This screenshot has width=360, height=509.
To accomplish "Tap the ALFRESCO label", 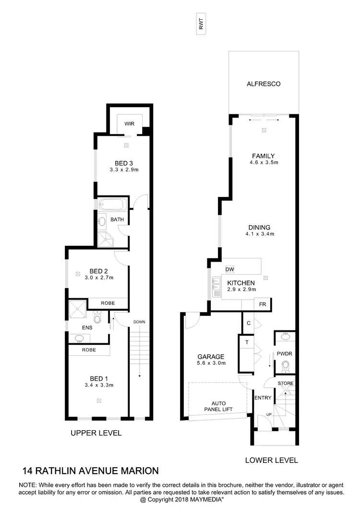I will [x=263, y=84].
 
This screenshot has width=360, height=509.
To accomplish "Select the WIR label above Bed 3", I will [x=129, y=124].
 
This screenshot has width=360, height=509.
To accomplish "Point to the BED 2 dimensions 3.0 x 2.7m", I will [x=97, y=278].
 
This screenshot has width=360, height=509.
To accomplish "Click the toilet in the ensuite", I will [x=98, y=318].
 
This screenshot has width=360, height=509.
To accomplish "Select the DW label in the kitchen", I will [x=229, y=269].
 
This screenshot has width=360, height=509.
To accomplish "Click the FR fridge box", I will [x=263, y=304].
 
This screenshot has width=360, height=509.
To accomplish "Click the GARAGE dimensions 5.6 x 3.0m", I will [x=211, y=364].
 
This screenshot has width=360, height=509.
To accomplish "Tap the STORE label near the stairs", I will [x=285, y=384].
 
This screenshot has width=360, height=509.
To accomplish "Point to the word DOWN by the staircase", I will [x=140, y=322].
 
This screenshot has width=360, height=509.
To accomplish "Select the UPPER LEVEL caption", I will [x=96, y=433].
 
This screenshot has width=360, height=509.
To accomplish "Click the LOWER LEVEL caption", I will [x=271, y=460].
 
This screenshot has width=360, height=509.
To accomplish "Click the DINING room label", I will [x=259, y=228].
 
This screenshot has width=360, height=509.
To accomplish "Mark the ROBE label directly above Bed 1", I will [x=89, y=350].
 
